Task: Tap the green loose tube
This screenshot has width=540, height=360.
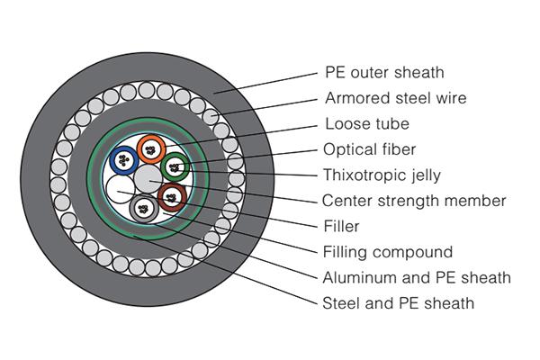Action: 175,165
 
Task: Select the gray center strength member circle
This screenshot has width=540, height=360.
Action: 146,177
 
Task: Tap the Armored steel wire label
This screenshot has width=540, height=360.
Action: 389,98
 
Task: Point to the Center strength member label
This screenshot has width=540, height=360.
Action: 414,201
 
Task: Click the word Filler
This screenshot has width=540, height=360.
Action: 341,226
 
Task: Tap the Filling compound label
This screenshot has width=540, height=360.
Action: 386,252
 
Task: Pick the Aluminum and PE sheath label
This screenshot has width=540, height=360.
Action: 416,277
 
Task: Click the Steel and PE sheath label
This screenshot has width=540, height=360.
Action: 398,303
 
